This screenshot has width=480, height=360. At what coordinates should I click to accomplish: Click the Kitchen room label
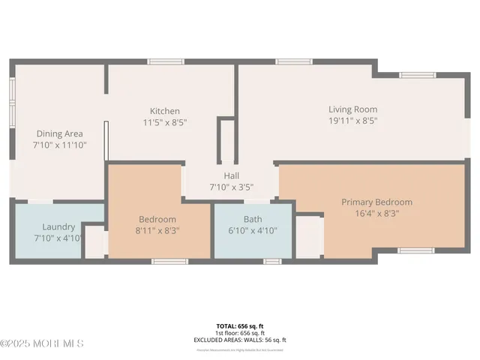click(x=164, y=111)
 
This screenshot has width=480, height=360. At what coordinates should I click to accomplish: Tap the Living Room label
click(x=352, y=109)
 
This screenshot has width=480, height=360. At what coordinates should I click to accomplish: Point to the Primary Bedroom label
click(x=376, y=202)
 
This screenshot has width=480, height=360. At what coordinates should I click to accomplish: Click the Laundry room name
click(x=58, y=226)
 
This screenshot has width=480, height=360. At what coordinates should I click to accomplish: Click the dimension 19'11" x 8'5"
click(x=352, y=120)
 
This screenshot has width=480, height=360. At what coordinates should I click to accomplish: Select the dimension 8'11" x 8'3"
click(x=157, y=230)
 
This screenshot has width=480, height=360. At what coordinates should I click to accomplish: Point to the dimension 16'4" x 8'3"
click(x=376, y=213)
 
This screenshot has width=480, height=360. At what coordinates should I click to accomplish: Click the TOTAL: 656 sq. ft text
click(x=240, y=326)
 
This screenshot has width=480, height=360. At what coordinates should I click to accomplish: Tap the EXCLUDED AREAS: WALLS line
click(x=240, y=340)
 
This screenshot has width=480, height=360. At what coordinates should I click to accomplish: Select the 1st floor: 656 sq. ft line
click(x=240, y=333)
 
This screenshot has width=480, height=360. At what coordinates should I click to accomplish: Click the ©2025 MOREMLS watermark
click(x=42, y=343)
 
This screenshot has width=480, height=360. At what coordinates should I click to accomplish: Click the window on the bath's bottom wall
click(x=271, y=261)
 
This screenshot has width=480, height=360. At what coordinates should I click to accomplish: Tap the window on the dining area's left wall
click(x=11, y=96)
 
